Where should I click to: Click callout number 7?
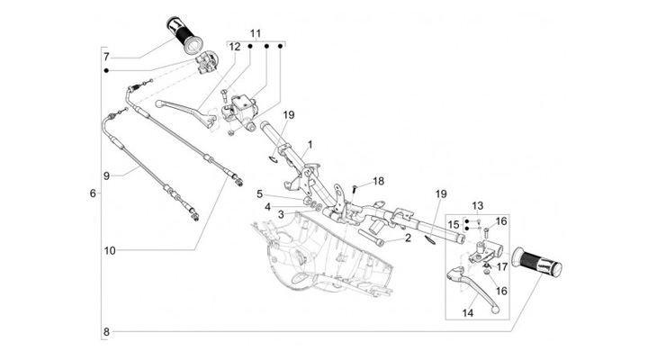click(106, 56)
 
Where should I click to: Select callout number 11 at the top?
click(255, 33)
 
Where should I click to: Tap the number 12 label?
click(234, 46)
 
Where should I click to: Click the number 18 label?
click(378, 180)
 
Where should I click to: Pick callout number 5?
click(259, 193)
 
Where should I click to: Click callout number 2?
click(407, 238)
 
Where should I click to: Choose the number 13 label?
click(478, 206)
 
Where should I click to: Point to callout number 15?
click(454, 224)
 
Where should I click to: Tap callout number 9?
click(106, 175)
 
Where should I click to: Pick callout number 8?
click(106, 332)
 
